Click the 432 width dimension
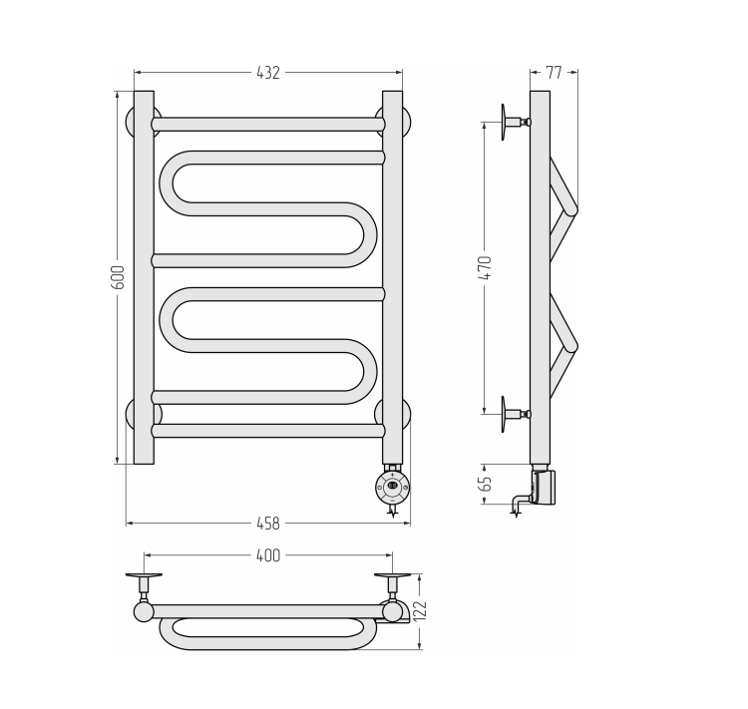268,73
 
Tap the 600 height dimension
118,277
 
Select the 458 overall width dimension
268,524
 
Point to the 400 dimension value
268,555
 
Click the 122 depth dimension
420,611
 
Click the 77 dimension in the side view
554,73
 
